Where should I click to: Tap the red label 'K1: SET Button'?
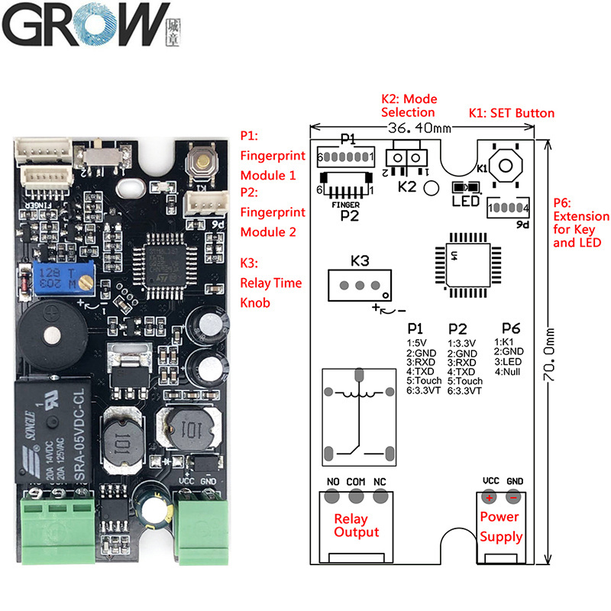pos(512,113)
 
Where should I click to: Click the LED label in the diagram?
pos(466,201)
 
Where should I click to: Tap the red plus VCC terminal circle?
pos(489,497)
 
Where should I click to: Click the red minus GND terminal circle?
pos(514,497)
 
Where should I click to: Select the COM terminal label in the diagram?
pos(356,481)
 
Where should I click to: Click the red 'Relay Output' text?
pos(356,525)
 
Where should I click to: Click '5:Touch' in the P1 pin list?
pos(425,380)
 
